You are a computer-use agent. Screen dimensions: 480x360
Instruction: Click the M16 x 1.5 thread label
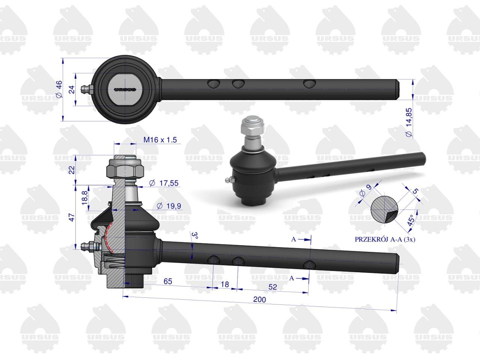160,140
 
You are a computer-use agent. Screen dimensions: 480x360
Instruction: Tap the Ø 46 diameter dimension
59,89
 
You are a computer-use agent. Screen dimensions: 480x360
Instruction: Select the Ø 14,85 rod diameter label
409,122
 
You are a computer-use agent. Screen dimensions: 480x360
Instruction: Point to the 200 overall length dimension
259,300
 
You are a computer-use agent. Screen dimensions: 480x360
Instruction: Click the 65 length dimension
168,281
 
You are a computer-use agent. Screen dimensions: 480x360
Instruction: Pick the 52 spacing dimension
273,287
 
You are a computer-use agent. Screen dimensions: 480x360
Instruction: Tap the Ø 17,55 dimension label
164,183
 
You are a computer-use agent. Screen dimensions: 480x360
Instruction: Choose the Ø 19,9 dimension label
169,206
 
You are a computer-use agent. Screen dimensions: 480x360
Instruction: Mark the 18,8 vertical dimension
85,198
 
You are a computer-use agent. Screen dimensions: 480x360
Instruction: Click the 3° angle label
195,235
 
